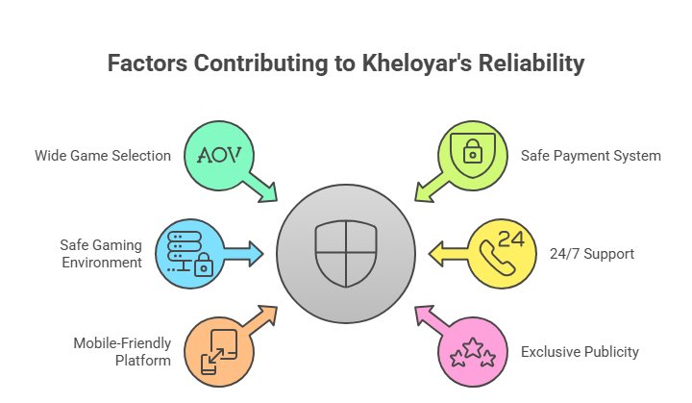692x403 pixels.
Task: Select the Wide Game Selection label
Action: tap(103, 155)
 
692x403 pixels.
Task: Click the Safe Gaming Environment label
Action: tap(101, 253)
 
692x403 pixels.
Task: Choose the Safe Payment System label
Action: tap(591, 155)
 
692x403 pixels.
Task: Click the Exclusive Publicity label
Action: tap(580, 352)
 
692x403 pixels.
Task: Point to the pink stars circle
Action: tap(472, 351)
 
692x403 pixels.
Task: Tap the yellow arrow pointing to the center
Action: tap(447, 254)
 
